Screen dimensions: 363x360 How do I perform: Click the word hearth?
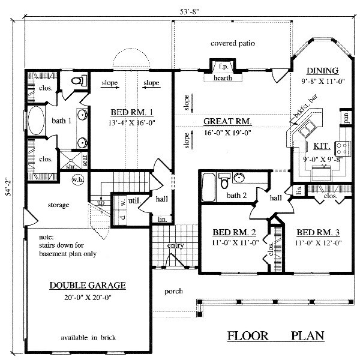(222, 77)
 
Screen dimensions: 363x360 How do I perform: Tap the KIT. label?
(321, 146)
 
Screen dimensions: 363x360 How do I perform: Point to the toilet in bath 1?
(77, 81)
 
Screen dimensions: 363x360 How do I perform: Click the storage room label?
(58, 205)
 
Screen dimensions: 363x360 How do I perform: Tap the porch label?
(174, 291)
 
